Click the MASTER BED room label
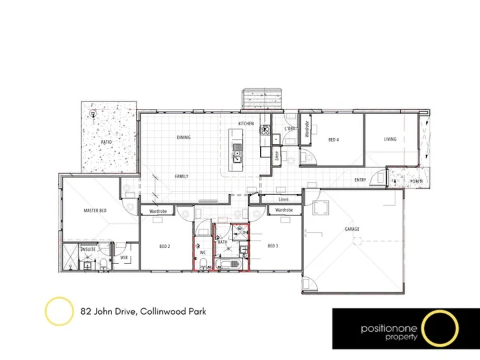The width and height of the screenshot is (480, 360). [x=95, y=211]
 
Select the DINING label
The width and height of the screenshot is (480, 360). [x=183, y=138]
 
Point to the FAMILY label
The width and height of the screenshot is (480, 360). [x=181, y=176]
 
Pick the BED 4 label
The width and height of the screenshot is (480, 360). [x=334, y=140]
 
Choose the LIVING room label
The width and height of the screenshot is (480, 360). [x=390, y=139]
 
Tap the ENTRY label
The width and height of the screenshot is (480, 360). [x=360, y=180]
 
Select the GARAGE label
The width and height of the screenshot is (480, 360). [x=352, y=229]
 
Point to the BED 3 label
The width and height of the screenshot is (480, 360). [x=272, y=246]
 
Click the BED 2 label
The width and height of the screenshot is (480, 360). [x=165, y=246]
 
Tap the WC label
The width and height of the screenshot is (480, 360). [x=203, y=253]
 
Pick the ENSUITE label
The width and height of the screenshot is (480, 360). [x=88, y=249]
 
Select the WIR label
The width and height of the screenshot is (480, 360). [x=124, y=257]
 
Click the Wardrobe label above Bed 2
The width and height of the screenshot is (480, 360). [x=157, y=211]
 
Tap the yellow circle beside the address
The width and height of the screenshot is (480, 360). [x=58, y=311]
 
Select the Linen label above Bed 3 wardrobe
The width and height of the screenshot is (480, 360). [x=283, y=199]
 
